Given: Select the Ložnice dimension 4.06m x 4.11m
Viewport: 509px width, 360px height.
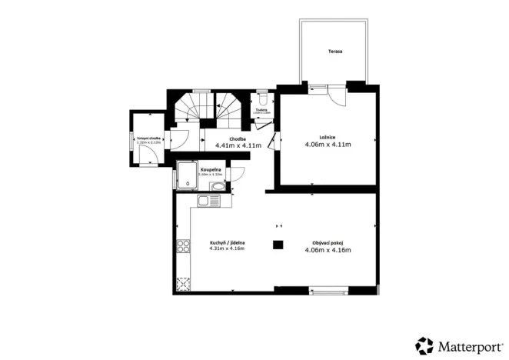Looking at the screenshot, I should [x=328, y=145].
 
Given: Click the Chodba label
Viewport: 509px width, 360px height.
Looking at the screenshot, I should [x=237, y=138].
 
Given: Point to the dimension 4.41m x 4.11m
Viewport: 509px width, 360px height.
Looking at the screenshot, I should [x=238, y=145].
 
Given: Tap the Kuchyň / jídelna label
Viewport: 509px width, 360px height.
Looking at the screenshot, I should [x=227, y=242].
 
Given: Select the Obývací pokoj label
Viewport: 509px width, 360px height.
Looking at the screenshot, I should [x=328, y=243].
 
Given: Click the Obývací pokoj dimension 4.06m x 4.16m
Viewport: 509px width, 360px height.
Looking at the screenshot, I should [x=328, y=250].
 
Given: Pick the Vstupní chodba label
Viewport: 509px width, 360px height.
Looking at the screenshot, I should [x=148, y=138].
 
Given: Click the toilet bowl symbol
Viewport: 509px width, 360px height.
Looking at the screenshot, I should [x=263, y=99].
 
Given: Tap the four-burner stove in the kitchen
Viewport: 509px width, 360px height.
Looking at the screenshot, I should [x=184, y=246].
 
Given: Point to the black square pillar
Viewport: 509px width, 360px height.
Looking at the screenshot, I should [x=278, y=245].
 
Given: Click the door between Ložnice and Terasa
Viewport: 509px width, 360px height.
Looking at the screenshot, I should [x=335, y=91].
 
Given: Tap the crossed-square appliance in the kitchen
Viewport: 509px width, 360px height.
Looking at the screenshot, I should [x=184, y=282].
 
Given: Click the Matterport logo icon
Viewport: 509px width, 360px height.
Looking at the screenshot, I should [x=424, y=345].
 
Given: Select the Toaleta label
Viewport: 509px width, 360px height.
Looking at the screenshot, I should [x=262, y=111].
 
